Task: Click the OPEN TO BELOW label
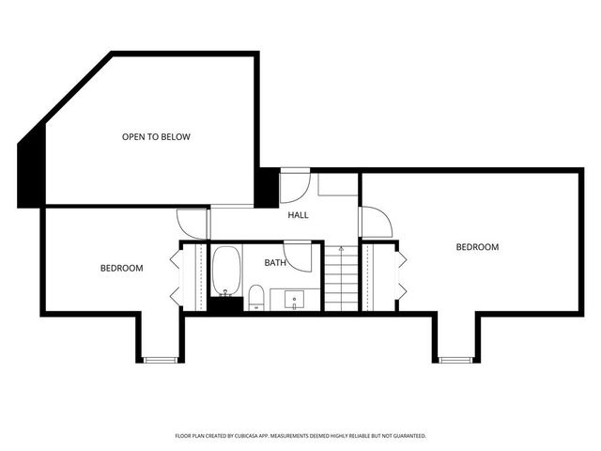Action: click(x=156, y=137)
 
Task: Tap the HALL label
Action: click(x=298, y=215)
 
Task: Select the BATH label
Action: click(x=275, y=263)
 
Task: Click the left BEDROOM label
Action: click(x=122, y=269)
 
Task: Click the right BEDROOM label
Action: click(x=477, y=247)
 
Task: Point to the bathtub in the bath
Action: click(x=226, y=271)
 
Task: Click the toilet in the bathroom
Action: click(x=255, y=299)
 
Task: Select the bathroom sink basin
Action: click(x=295, y=302)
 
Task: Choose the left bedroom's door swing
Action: click(x=193, y=222)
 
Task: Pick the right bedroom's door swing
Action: click(x=377, y=223)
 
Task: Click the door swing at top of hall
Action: click(x=295, y=186)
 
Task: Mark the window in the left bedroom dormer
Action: click(x=160, y=359)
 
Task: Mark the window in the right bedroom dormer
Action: click(x=456, y=359)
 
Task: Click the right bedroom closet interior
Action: click(x=379, y=276)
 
